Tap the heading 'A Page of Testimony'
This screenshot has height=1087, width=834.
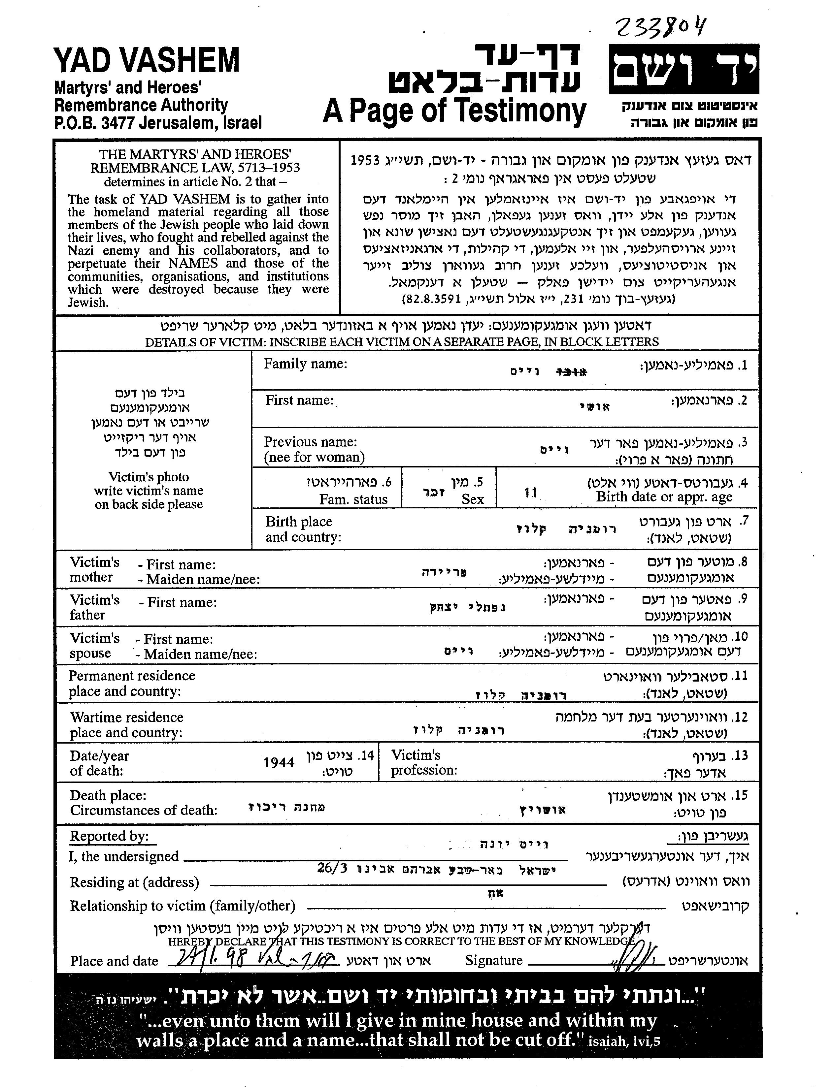454,111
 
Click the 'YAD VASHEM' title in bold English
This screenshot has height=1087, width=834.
147,60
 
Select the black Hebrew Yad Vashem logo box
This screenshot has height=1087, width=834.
684,70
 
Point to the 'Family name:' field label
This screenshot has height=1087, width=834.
305,364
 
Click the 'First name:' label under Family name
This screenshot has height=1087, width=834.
299,400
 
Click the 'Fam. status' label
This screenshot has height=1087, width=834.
353,499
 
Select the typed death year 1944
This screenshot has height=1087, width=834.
279,762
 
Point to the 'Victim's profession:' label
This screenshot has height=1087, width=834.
423,762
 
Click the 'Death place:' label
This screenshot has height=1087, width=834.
108,795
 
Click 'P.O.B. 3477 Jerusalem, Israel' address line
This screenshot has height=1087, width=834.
158,122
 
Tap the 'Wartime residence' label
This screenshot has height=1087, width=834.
127,717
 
